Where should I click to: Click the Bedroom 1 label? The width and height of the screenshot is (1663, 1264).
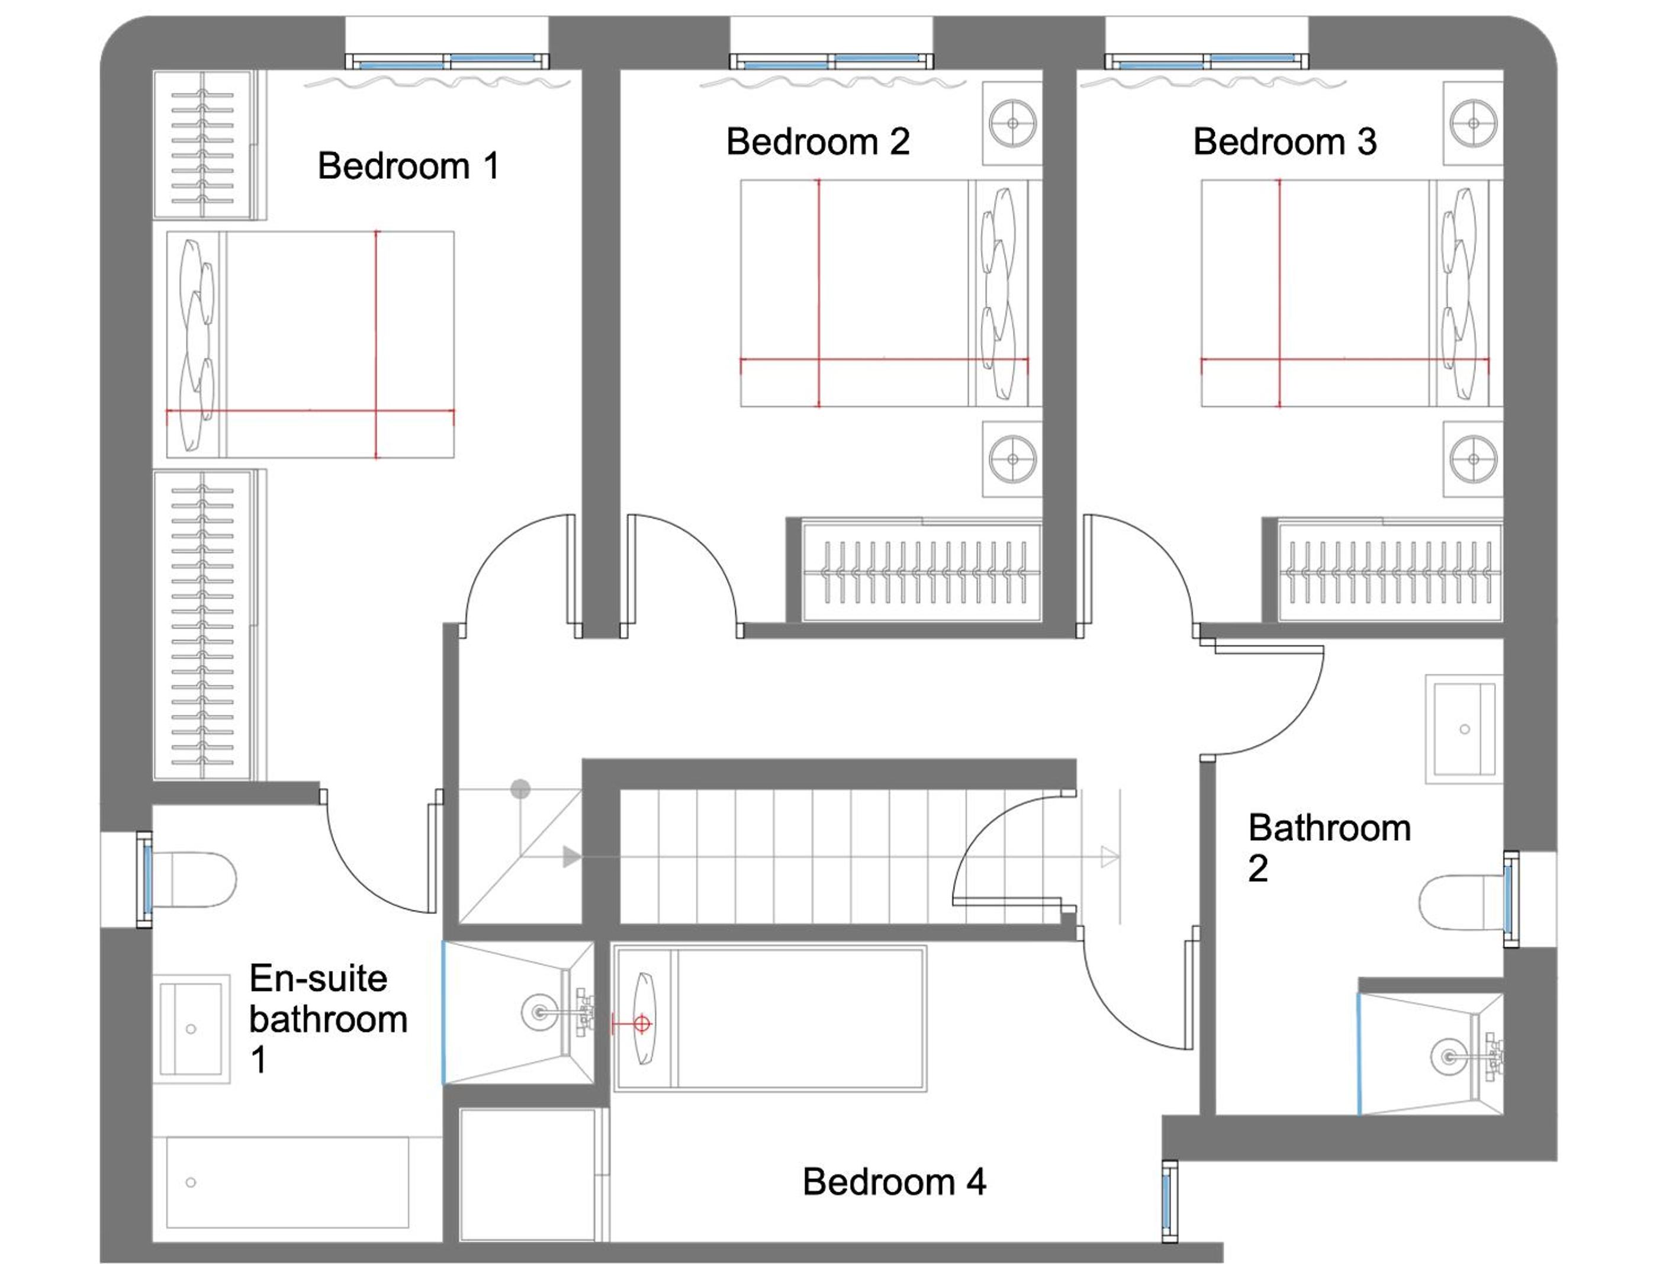[408, 166]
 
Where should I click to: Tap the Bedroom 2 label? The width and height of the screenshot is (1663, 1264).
[818, 141]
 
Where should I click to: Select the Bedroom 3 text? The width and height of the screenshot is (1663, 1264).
[1285, 141]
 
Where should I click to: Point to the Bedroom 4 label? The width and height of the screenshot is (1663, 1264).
[895, 1181]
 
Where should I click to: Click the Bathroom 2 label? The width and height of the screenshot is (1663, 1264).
[1329, 848]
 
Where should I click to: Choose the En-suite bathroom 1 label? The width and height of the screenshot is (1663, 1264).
[329, 1019]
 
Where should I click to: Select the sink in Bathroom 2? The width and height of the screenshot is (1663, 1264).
[1463, 729]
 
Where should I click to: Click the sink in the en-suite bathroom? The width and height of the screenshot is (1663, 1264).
[191, 1028]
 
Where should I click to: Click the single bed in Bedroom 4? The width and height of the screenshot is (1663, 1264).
[770, 1019]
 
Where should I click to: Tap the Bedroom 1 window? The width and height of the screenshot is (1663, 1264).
[447, 61]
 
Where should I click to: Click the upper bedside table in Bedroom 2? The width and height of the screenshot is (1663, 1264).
[1012, 123]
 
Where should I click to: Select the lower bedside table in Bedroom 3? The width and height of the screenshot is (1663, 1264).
[1473, 459]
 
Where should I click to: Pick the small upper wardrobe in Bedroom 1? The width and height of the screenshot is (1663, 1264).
[209, 144]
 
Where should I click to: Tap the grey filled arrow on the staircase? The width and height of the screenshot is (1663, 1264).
[572, 856]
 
